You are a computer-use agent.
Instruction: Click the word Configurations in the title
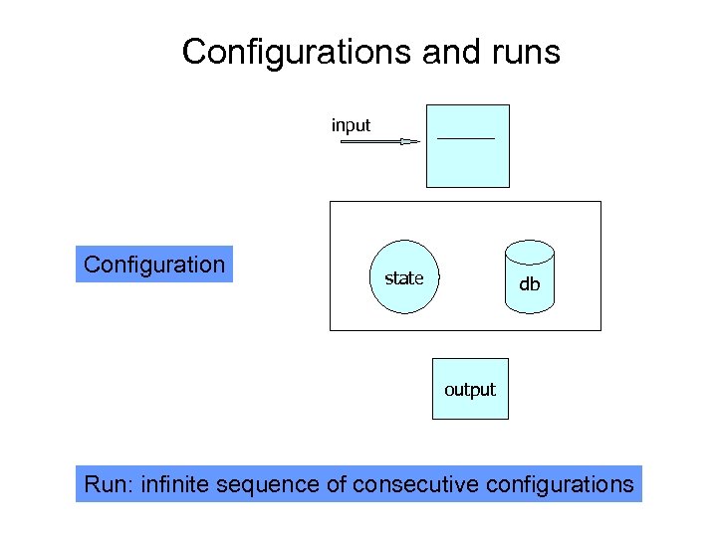point(298,52)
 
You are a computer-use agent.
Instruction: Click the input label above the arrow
point(351,125)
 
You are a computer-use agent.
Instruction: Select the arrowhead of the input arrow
point(410,142)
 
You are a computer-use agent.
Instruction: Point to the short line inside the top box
point(465,137)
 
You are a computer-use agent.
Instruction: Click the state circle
point(404,277)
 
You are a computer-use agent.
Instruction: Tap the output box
point(470,389)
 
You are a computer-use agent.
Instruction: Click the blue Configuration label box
point(154,265)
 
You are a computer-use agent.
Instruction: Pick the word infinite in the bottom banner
point(181,484)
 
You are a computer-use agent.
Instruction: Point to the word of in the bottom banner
point(337,484)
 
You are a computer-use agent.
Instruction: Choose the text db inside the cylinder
point(529,284)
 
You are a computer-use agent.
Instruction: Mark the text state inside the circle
point(404,278)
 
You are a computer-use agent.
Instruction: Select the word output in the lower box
point(470,390)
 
